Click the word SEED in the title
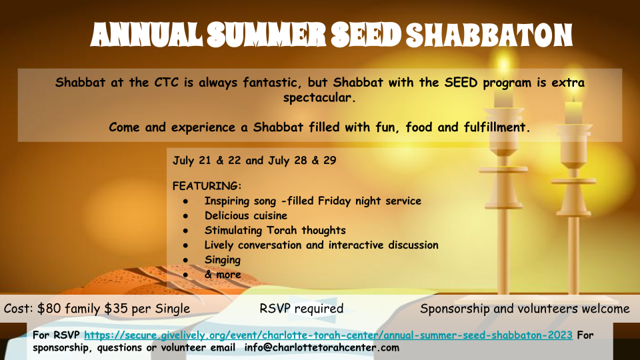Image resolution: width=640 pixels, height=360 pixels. (366, 35)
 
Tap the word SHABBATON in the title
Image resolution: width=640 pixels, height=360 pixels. (489, 35)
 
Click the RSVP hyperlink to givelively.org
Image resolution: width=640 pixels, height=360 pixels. (328, 335)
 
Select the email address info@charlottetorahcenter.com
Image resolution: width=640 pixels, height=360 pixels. (321, 348)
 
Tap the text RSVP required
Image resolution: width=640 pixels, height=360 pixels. (301, 309)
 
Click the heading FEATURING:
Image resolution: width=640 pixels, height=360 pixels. (207, 186)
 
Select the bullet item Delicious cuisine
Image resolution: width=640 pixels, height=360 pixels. (246, 215)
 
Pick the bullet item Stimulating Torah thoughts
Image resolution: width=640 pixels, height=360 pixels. (275, 230)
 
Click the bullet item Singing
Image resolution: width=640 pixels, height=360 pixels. (223, 260)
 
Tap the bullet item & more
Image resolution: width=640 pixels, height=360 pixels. (223, 275)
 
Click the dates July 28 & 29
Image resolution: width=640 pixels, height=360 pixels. (302, 161)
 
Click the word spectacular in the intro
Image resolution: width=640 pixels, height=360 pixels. (319, 97)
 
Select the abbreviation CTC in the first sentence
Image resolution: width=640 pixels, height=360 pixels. (166, 83)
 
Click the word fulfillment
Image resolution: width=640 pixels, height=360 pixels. (496, 127)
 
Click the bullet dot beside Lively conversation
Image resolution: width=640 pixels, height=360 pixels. (186, 246)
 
